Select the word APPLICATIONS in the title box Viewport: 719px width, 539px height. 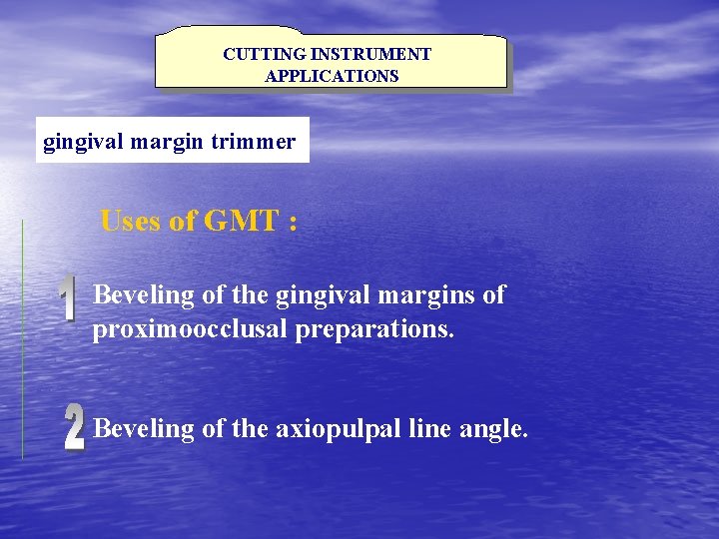click(x=332, y=76)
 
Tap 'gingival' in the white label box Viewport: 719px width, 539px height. click(x=84, y=142)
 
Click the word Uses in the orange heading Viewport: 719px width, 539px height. click(x=132, y=221)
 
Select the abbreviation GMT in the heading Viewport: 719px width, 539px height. click(x=241, y=221)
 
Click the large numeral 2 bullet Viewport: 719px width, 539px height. click(x=74, y=429)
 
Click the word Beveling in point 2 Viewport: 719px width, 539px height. click(x=144, y=429)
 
